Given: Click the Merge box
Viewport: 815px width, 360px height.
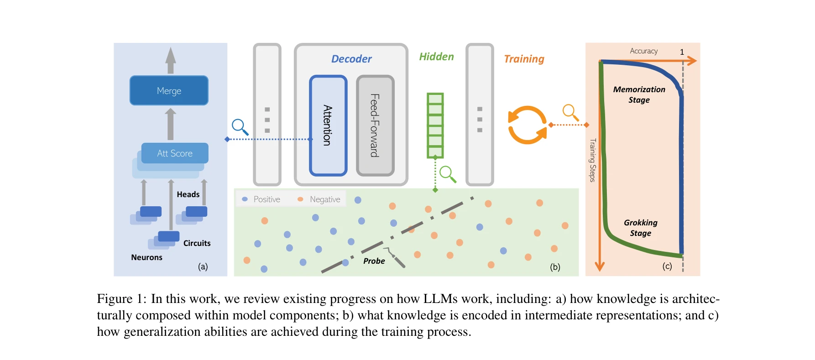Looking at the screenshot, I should [169, 90].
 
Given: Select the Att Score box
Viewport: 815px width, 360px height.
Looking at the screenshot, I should [175, 153].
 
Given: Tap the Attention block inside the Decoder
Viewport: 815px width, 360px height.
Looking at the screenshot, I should [328, 125].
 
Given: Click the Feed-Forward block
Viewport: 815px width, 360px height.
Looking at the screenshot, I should [375, 125].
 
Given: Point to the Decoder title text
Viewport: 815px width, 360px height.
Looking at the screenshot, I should [351, 59].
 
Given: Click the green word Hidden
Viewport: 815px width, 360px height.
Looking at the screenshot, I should [436, 57].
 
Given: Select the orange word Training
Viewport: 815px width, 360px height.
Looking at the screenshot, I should [524, 59].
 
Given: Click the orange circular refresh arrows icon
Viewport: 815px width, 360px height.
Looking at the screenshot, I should [527, 125].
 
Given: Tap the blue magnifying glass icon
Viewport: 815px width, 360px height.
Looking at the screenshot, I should [240, 126].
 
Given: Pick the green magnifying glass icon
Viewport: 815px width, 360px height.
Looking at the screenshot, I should [447, 174].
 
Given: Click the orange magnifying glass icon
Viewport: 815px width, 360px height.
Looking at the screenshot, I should [570, 112].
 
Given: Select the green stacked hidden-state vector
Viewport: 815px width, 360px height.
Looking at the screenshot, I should [435, 125].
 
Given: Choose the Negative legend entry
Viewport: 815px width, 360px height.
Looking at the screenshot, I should [319, 199].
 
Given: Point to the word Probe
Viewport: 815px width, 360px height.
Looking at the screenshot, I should [374, 261].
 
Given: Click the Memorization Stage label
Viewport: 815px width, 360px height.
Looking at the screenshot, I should [639, 94].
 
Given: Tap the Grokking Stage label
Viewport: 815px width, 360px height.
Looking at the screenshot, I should [641, 228].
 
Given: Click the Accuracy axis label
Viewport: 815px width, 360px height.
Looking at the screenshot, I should [643, 51].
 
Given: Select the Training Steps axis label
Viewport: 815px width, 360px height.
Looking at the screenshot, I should [592, 160].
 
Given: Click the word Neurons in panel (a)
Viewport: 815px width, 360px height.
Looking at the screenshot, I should [146, 257].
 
